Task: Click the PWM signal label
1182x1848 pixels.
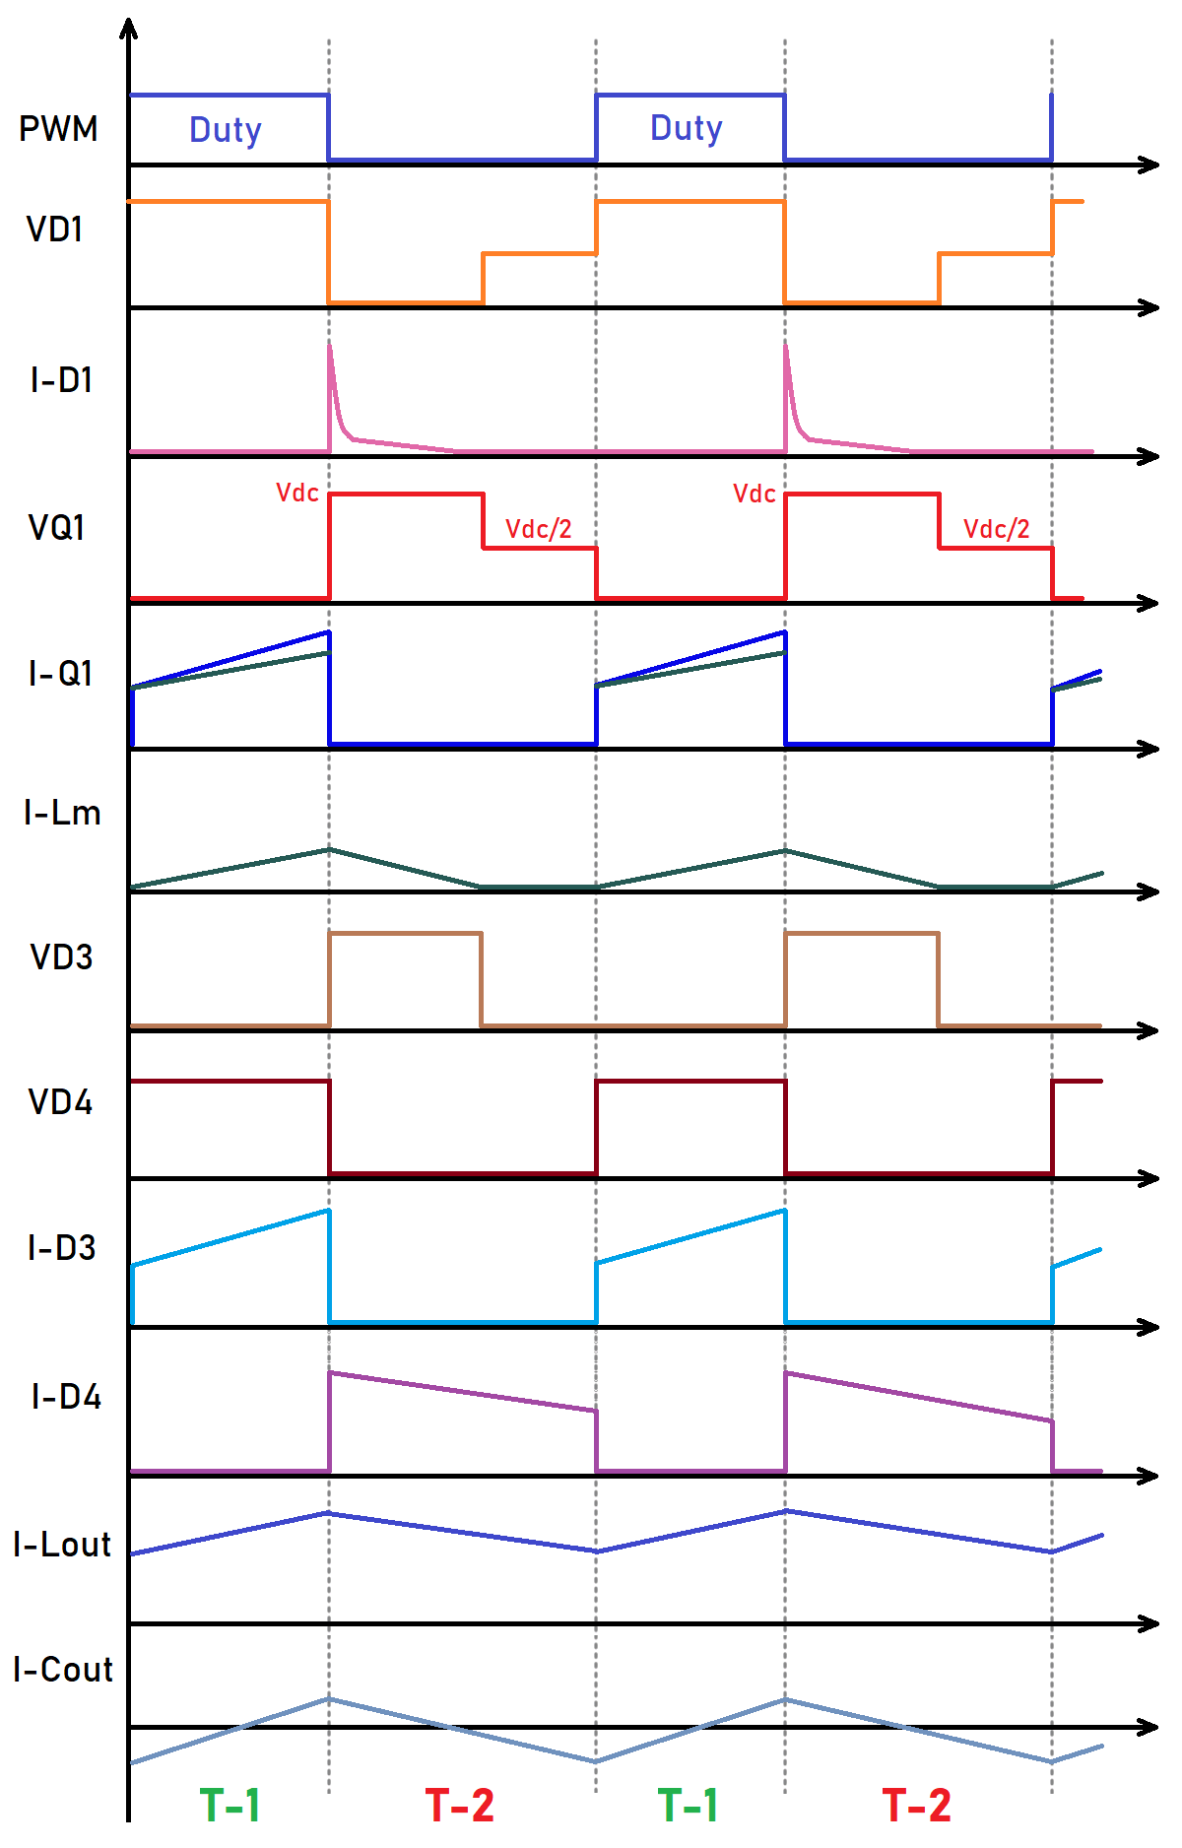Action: (x=58, y=129)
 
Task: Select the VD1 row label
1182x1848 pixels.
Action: (x=55, y=230)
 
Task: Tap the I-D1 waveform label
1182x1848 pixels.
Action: (x=61, y=380)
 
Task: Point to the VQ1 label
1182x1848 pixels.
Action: (x=56, y=528)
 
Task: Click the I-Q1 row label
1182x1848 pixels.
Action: (x=60, y=674)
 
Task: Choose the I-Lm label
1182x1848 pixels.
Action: (x=62, y=813)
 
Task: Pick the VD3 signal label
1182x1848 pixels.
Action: (x=61, y=957)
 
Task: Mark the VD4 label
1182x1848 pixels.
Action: (x=60, y=1102)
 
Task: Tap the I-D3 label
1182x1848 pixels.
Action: (x=62, y=1248)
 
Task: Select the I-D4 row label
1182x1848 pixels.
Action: (x=66, y=1397)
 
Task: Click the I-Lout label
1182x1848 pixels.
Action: (x=62, y=1545)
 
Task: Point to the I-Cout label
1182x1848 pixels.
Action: (x=63, y=1670)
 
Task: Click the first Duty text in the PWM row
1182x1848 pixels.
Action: (x=226, y=130)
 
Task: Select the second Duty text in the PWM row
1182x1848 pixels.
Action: (x=687, y=128)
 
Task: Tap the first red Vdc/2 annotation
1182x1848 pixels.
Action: (x=539, y=529)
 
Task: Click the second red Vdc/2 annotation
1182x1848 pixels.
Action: (x=997, y=529)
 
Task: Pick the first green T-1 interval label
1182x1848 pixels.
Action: (x=230, y=1805)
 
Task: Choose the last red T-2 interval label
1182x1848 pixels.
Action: (x=917, y=1805)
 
